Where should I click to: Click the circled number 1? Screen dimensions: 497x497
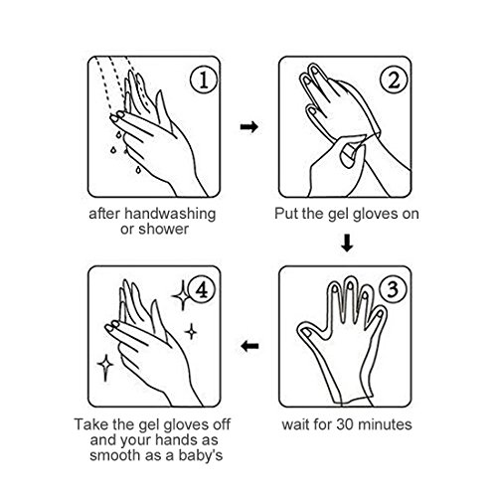tap(204, 80)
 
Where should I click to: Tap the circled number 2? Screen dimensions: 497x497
tap(394, 80)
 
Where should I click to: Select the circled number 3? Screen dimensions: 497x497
tap(393, 289)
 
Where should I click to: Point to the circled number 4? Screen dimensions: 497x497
tap(202, 289)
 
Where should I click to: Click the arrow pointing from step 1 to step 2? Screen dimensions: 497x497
tap(248, 126)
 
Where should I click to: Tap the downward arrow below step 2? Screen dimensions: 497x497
tap(347, 243)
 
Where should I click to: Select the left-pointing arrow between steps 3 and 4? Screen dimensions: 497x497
tap(249, 346)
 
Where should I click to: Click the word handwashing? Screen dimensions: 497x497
tap(170, 214)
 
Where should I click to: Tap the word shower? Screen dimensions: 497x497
tap(164, 230)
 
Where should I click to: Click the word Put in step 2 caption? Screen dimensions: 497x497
tap(284, 214)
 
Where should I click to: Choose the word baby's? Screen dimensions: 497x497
tap(201, 456)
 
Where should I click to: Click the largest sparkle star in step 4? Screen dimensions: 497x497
tap(182, 295)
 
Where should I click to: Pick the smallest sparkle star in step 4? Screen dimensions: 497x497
tap(191, 331)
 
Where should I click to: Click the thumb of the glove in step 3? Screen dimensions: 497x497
tap(310, 332)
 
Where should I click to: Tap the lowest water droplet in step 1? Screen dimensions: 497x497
tap(138, 170)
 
